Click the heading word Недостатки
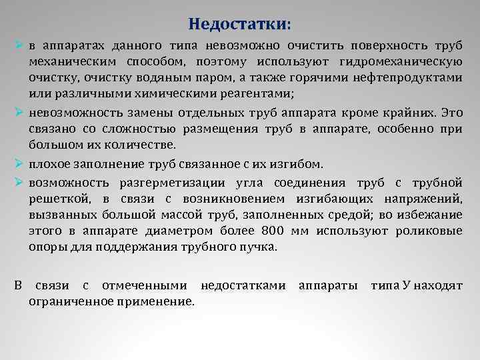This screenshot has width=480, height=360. [x=239, y=25]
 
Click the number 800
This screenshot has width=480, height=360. [x=273, y=231]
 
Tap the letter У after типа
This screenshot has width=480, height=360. [x=406, y=286]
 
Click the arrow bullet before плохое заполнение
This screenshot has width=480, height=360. [x=20, y=164]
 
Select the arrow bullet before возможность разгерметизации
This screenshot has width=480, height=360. [x=20, y=182]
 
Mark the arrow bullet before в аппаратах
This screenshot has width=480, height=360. [x=20, y=46]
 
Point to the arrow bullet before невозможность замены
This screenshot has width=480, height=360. [x=20, y=109]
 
